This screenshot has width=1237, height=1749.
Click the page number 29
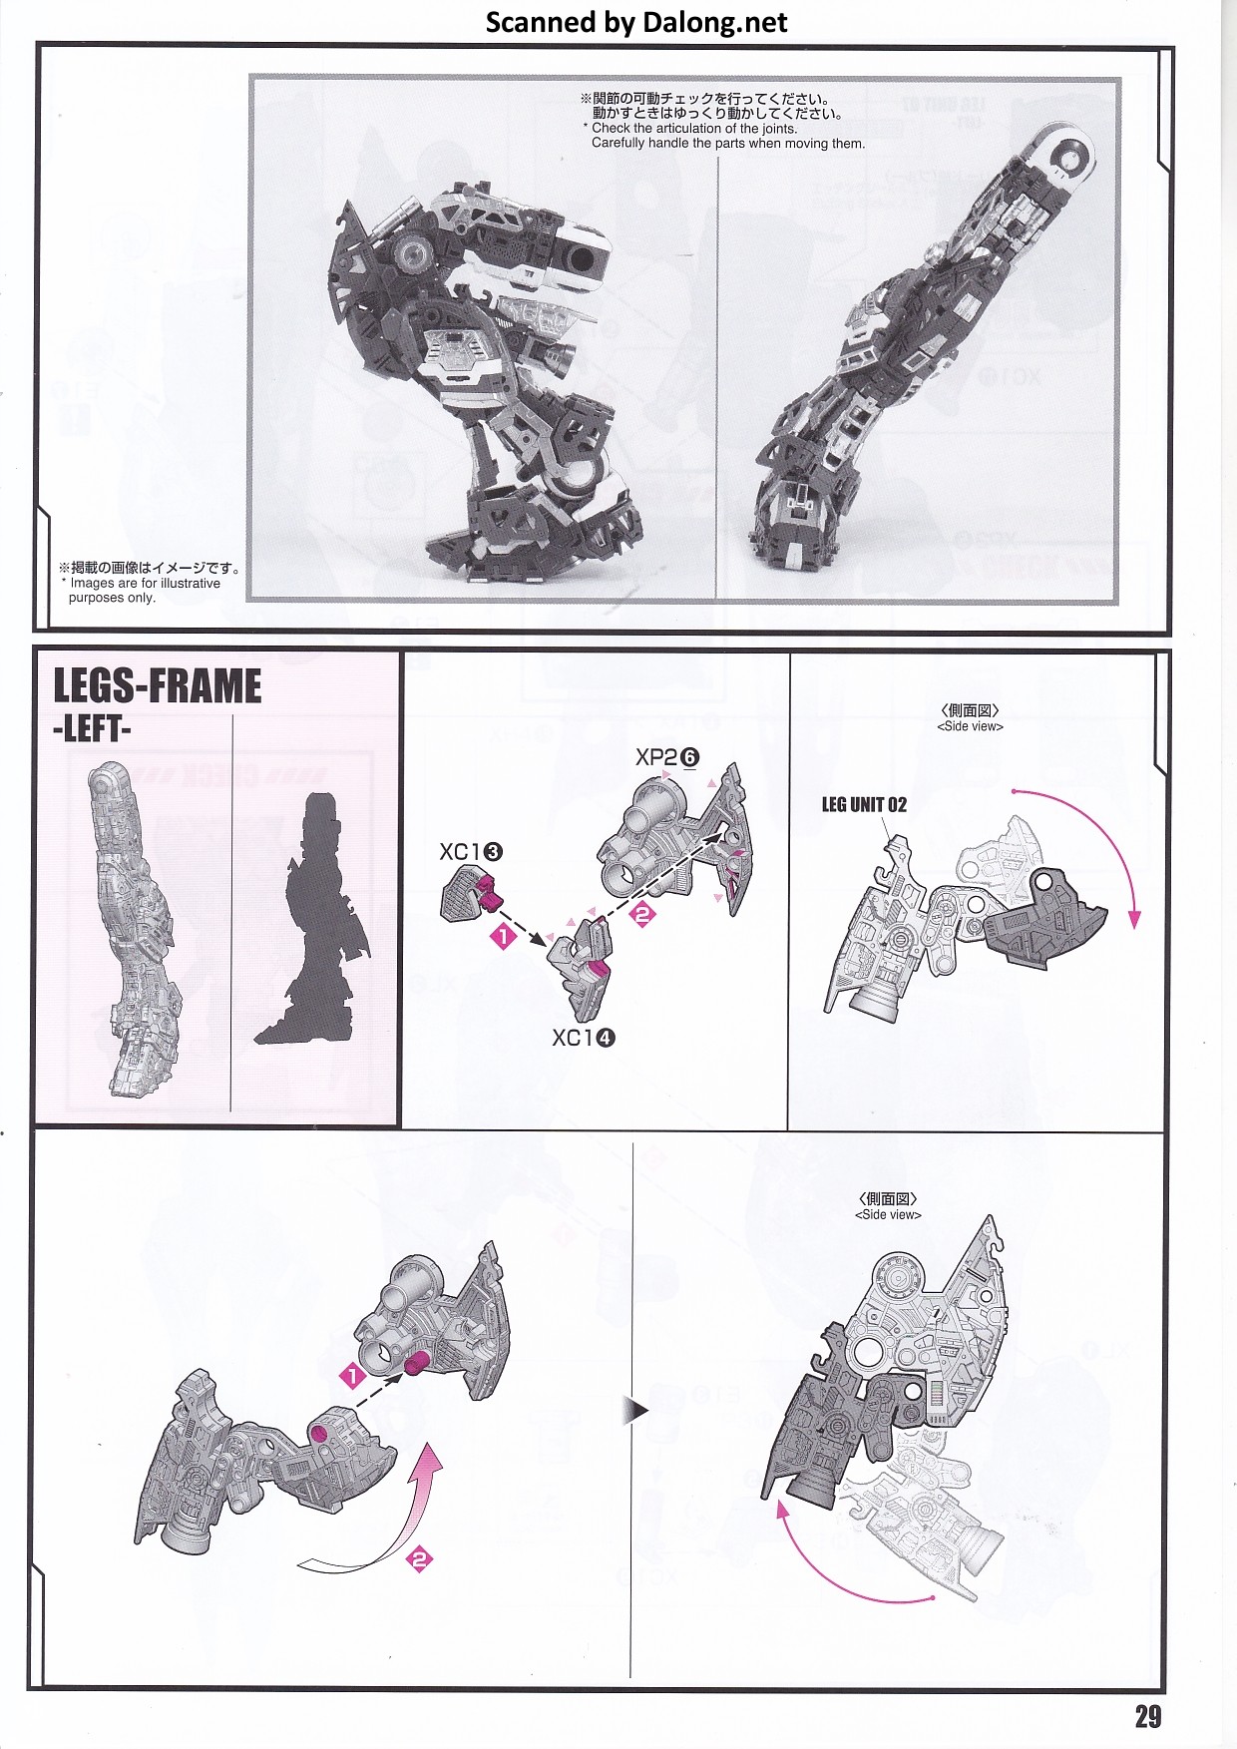1148,1716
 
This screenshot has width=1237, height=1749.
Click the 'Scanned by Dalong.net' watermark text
636,22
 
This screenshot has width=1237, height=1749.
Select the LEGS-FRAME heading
158,686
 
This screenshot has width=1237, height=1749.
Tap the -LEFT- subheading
92,728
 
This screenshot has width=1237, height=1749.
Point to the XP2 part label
667,757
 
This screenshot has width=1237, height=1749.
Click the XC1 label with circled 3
471,852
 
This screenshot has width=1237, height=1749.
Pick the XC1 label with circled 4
584,1038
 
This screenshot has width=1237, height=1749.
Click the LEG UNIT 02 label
864,804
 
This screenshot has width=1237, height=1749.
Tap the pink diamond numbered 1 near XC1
504,937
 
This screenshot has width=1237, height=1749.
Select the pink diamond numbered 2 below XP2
643,913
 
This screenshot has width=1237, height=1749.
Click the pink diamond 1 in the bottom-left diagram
353,1377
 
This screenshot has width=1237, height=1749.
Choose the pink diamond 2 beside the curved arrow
420,1559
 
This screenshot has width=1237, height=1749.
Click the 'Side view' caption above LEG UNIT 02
971,718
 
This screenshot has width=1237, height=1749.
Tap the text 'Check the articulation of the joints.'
695,129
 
